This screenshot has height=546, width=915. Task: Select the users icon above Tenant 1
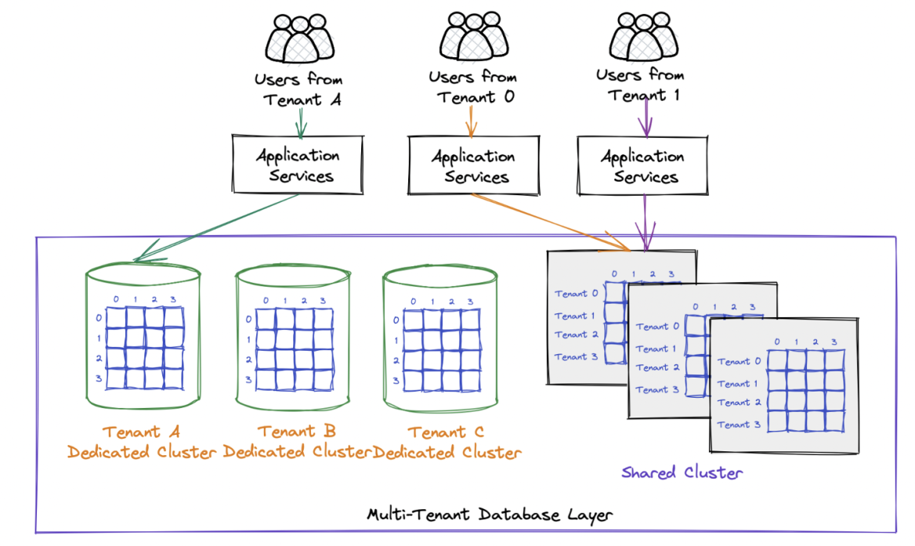644,39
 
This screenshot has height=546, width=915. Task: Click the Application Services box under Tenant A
298,165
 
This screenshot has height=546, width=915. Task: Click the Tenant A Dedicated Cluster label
142,443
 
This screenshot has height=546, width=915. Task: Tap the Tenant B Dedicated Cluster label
297,443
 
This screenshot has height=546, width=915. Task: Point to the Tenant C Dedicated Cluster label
446,443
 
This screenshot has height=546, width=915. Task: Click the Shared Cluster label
682,472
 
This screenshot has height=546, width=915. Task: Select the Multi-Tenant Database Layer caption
490,515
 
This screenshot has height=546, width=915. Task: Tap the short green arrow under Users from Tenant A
302,122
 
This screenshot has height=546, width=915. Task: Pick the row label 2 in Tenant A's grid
98,359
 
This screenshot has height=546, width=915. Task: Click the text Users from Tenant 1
640,85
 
